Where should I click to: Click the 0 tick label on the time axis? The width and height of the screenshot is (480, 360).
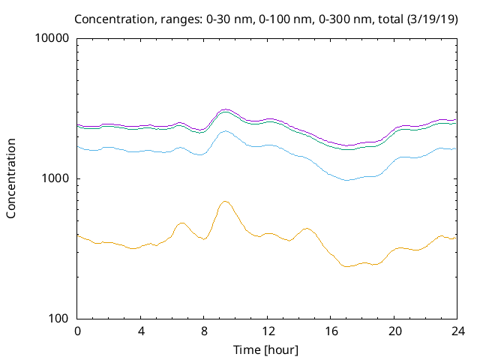pos(77,331)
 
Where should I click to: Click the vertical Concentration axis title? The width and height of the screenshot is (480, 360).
pos(11,178)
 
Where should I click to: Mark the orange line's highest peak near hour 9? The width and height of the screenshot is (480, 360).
pos(225,201)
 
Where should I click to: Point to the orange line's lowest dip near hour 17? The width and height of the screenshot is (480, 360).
pos(346,266)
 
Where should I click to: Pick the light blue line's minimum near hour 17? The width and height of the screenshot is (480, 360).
pos(346,180)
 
